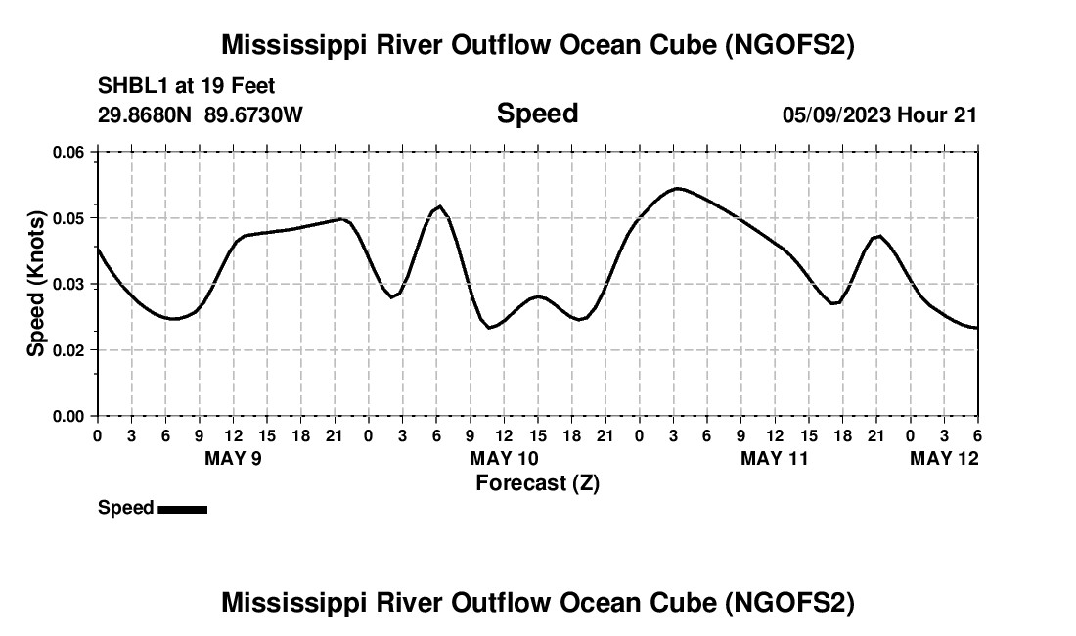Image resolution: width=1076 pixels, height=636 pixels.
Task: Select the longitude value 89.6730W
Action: point(254,114)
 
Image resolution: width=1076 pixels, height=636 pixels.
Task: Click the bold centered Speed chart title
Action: point(537,114)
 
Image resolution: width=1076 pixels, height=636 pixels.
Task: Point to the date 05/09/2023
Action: point(835,114)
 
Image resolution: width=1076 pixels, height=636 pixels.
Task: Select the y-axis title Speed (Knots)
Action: point(36,284)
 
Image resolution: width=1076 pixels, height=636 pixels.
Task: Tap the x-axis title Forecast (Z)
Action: point(537,483)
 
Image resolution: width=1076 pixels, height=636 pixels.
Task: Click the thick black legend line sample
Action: point(182,509)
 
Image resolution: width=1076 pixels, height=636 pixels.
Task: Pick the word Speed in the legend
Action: point(125,508)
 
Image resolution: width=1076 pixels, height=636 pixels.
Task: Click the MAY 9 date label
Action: point(233,458)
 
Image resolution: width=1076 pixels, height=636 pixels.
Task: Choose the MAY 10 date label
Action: point(504,458)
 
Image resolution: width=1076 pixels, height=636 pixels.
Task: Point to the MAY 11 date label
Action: point(775,458)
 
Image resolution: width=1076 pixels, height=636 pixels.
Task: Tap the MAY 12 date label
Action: point(944,458)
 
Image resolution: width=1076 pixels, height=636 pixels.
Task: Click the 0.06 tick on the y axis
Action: point(68,152)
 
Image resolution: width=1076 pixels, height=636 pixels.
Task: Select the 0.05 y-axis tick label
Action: point(68,218)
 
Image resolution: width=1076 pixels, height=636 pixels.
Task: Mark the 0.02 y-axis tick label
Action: point(68,350)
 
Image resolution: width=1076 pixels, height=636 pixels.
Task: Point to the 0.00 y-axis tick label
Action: point(68,416)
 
